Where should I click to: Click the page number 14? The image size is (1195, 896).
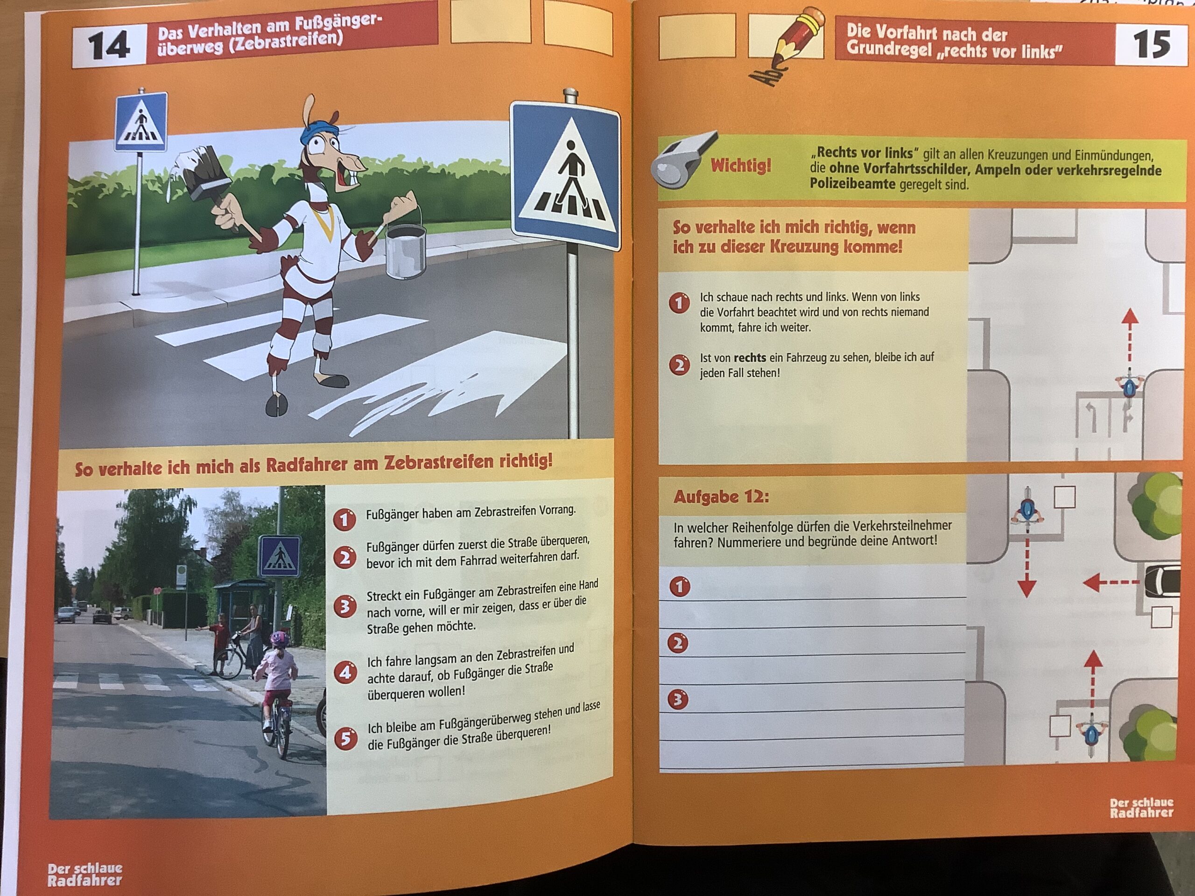coord(109,45)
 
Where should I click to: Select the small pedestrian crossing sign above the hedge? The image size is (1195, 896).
coord(141,122)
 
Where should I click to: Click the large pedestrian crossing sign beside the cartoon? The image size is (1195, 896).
coord(565,176)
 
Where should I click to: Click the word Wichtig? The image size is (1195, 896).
coord(741,165)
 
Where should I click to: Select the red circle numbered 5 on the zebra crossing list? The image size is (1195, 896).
coord(346,739)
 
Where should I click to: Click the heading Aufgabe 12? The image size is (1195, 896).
coord(721,497)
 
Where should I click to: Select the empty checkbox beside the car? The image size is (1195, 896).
coord(1161,617)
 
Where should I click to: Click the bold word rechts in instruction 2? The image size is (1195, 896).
coord(750,357)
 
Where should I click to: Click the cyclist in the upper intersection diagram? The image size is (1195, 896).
coord(1129,385)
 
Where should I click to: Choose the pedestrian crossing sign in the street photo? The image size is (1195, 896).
coord(279,556)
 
